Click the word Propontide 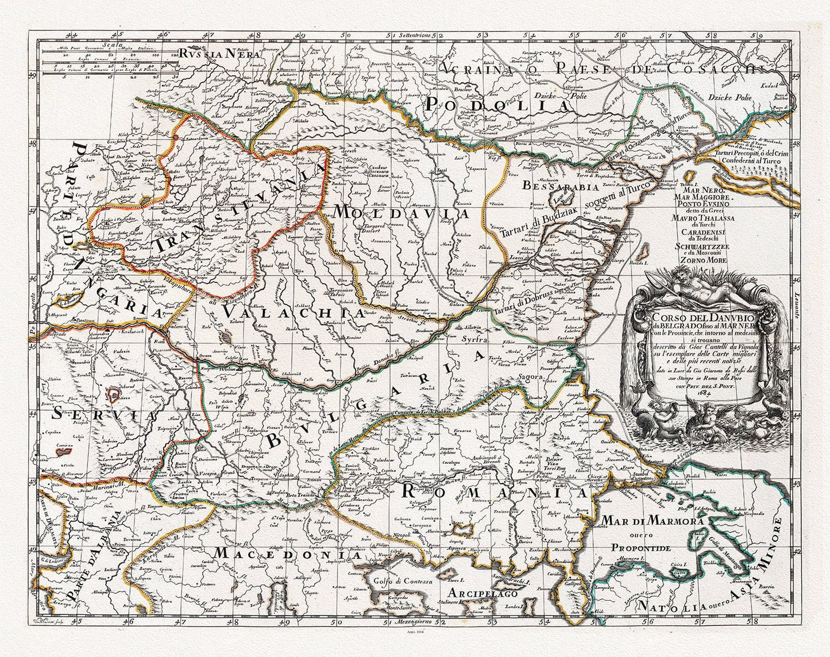640,548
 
